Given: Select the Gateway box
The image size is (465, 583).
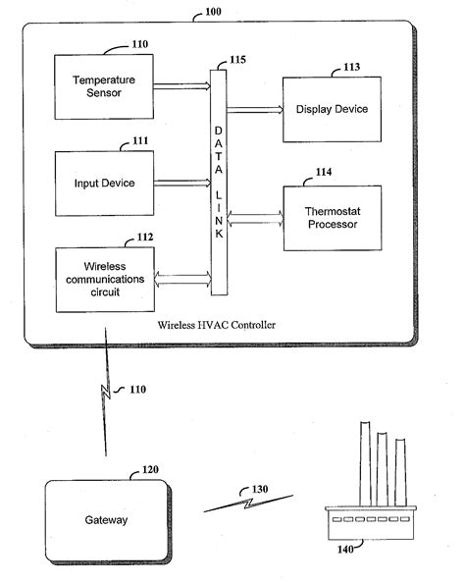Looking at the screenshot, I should (104, 519).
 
